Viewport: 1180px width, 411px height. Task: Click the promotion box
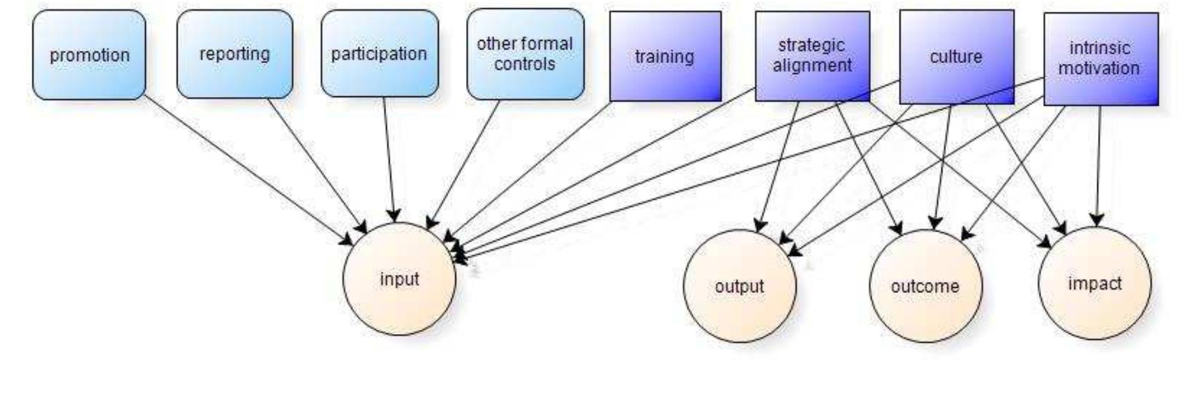(x=89, y=55)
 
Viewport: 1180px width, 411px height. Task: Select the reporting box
(x=235, y=54)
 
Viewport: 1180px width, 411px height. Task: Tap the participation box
(x=379, y=54)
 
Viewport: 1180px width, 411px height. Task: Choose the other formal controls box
(x=525, y=54)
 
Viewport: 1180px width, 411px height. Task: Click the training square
(x=665, y=56)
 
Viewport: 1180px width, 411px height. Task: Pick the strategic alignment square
(x=812, y=56)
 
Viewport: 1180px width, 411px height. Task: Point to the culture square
(x=956, y=56)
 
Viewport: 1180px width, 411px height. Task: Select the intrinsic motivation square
(x=1100, y=58)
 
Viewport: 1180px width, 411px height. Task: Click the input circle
(x=399, y=279)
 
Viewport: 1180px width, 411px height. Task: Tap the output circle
(x=740, y=287)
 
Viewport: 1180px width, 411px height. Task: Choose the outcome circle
(x=925, y=287)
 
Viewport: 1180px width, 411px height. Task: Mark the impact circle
(x=1094, y=283)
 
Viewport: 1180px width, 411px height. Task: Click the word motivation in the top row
(x=1099, y=68)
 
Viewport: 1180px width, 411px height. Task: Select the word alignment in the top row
(x=812, y=65)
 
